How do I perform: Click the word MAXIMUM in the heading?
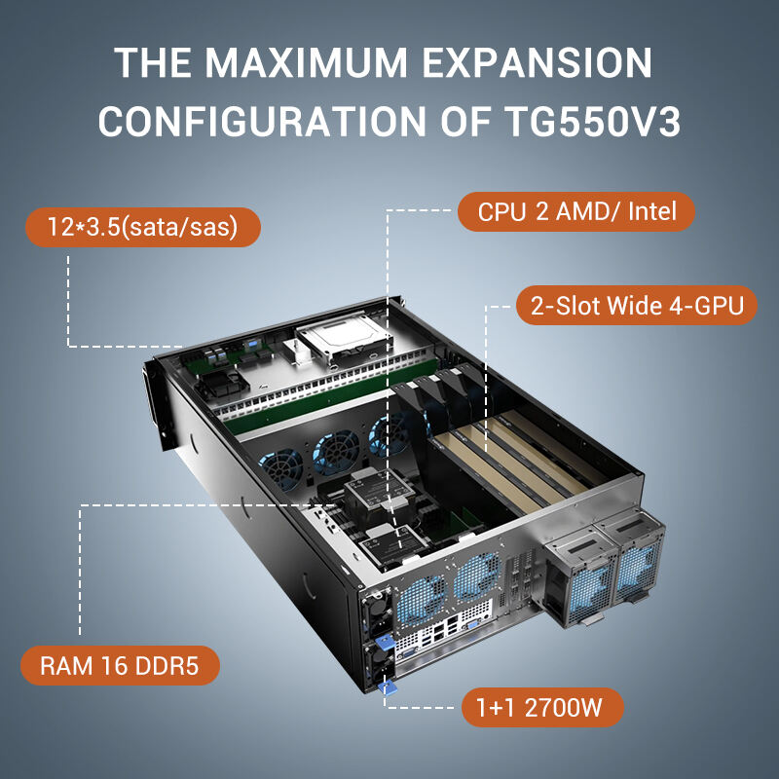click(306, 63)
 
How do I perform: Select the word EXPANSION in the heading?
click(537, 63)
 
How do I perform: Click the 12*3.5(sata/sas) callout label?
click(143, 227)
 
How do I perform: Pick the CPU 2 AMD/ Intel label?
click(576, 211)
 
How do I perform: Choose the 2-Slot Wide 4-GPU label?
click(637, 305)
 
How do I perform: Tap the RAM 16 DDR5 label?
click(120, 665)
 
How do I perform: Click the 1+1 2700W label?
click(542, 707)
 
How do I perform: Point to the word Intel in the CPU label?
click(651, 211)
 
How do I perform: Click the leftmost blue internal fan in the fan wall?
click(281, 468)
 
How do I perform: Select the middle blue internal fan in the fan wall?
click(336, 451)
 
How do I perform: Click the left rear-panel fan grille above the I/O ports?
click(422, 601)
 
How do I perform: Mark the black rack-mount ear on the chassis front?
click(154, 405)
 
